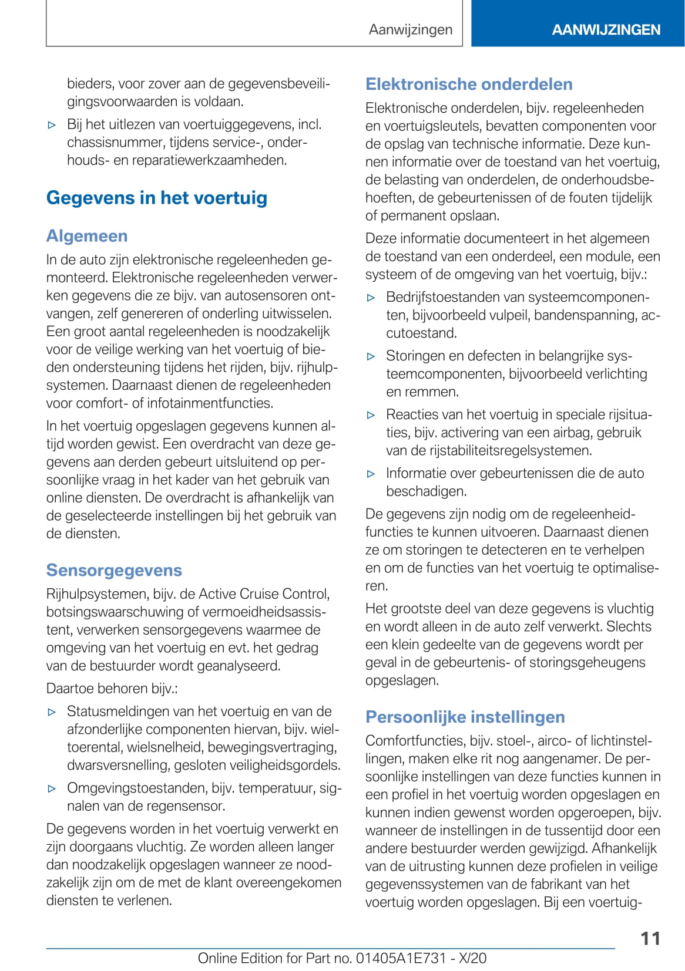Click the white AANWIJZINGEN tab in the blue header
coord(606,29)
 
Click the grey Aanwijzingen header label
coord(411,29)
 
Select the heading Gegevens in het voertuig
coord(157,198)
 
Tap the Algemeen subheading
coord(87,236)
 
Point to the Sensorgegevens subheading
coord(114,570)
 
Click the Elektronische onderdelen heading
coord(469,84)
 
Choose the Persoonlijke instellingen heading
coord(465,717)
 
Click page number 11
coord(650,938)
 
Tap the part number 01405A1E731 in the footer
coord(401,958)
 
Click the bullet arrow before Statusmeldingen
coord(52,712)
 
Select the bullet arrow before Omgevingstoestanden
coord(52,788)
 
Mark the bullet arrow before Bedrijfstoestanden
coord(371,298)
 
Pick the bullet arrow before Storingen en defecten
coord(371,356)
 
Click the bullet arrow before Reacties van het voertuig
coord(371,415)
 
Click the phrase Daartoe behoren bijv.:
coord(112,688)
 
